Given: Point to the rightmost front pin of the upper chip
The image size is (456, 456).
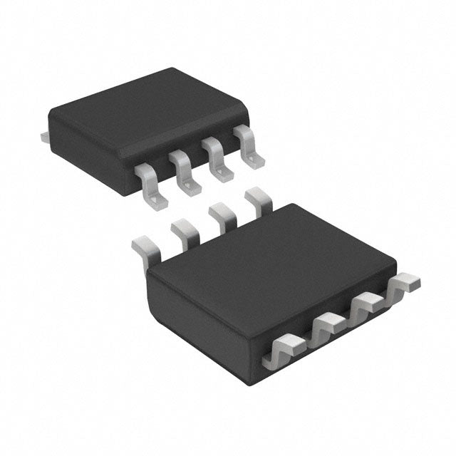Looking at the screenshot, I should point(249,146).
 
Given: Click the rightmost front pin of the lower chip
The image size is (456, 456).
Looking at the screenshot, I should point(404,284).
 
